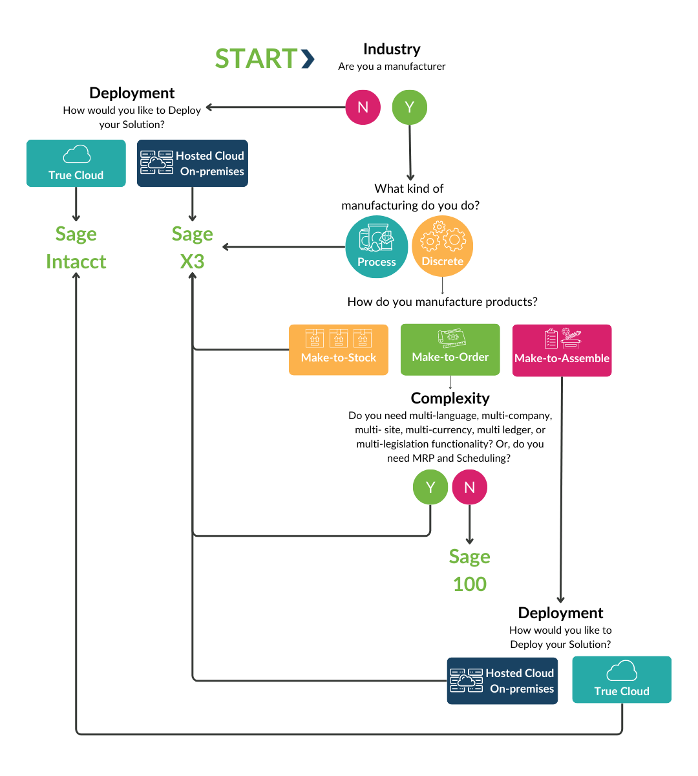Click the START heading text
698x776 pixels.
point(257,59)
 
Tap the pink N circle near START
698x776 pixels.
point(363,107)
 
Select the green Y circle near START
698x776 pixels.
point(409,107)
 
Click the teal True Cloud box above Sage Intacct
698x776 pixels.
point(76,164)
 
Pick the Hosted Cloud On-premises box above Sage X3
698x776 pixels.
point(192,164)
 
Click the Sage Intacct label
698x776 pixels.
point(76,248)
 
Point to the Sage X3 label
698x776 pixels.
point(192,248)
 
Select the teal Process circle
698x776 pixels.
point(376,247)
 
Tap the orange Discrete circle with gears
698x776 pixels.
point(443,246)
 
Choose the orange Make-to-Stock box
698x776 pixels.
point(338,350)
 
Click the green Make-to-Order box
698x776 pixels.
point(450,350)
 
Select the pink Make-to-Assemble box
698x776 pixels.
point(562,350)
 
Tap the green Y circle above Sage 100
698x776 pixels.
point(430,488)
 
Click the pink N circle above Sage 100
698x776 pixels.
point(469,488)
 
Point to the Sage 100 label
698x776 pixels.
point(470,570)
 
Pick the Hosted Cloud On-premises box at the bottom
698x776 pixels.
point(502,681)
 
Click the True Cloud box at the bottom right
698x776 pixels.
point(622,680)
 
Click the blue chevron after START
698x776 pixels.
point(308,59)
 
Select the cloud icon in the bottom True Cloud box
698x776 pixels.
point(622,671)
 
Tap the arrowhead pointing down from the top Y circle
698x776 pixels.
point(410,177)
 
